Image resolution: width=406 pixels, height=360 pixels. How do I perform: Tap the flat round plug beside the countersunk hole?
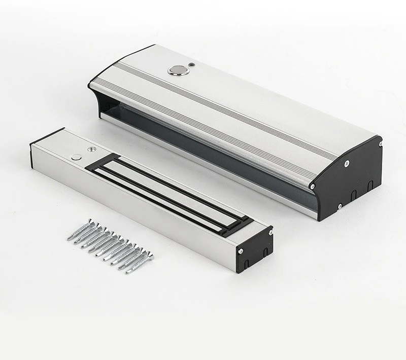tap(76, 157)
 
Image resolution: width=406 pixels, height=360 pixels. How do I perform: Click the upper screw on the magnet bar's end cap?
tap(269, 231)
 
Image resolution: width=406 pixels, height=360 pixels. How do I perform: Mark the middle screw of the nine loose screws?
tap(109, 245)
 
